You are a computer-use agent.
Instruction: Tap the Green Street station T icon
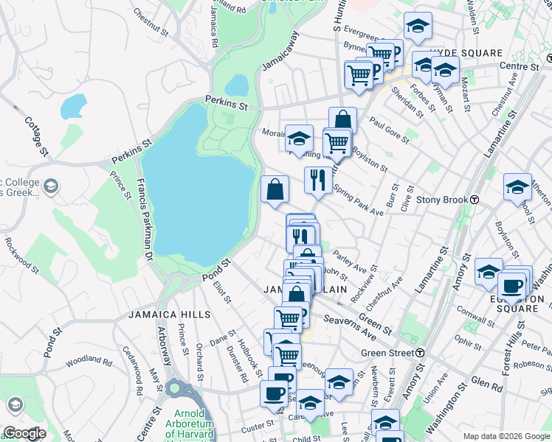coord(419,353)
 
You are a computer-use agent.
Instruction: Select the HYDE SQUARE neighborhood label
coord(465,54)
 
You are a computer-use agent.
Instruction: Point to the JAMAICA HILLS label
coord(170,315)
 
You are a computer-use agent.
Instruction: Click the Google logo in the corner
coord(24,434)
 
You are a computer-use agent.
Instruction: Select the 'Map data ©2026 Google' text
coord(506,436)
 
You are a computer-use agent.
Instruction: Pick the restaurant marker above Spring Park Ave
coord(318,179)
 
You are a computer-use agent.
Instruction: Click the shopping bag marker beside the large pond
coord(275,189)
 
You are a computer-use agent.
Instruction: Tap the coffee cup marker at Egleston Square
coord(511,287)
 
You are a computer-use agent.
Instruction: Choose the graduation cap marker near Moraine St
coord(299,138)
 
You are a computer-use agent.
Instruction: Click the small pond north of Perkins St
coord(236,85)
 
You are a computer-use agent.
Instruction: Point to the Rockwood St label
coord(21,250)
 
